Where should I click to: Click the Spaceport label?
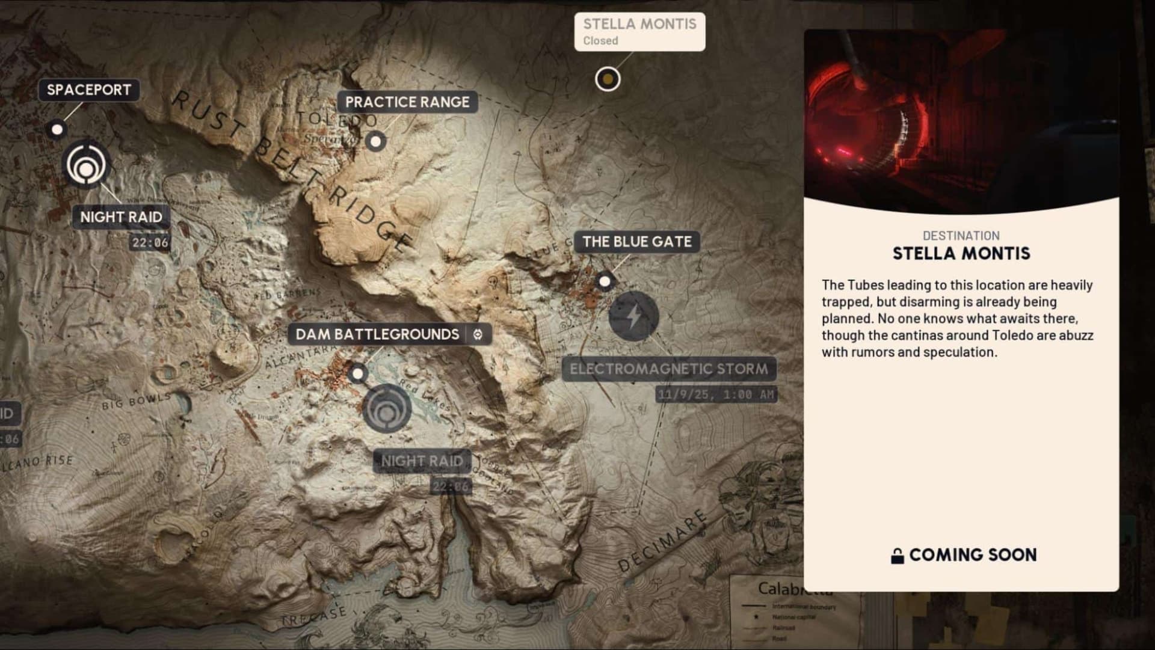[88, 90]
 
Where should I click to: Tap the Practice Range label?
[407, 102]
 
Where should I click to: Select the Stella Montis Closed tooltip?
[639, 31]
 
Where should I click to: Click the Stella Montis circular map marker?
[608, 79]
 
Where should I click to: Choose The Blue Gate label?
[636, 242]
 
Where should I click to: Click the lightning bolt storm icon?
[633, 316]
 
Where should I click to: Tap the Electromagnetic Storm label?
[668, 369]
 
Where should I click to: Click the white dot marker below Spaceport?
[57, 129]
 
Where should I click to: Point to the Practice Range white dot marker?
[376, 142]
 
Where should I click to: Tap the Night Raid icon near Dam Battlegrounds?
[387, 408]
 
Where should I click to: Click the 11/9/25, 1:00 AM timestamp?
[716, 394]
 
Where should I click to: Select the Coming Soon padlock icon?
[897, 556]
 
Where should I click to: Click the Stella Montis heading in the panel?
[961, 254]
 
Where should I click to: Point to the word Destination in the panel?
[961, 236]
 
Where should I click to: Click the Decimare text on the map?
[662, 541]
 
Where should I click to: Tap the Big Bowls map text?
[136, 401]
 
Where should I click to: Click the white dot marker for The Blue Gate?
[605, 281]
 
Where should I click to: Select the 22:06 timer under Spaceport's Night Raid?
[150, 243]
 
